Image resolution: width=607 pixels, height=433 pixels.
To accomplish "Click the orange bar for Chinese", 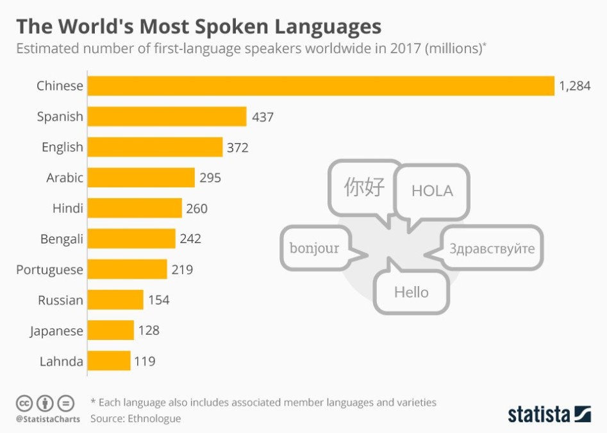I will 320,86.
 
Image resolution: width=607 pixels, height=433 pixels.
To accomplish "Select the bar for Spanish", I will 167,117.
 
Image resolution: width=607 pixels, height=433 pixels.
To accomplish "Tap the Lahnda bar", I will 109,361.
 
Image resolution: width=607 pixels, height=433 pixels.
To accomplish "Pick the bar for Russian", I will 115,300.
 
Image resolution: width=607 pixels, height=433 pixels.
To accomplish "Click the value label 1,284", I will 574,86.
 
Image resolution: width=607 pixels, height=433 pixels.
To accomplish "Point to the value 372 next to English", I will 237,148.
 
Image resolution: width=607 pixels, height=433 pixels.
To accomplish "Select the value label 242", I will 190,239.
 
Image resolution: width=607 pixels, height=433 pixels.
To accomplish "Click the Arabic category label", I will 65,178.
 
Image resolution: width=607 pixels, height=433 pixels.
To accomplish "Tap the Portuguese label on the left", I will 50,269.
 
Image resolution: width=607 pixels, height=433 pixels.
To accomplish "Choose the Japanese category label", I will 56,331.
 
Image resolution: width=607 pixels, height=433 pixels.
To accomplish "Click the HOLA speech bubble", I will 432,191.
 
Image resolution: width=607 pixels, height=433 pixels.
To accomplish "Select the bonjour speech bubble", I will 314,248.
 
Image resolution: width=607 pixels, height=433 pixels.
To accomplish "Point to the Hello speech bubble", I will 412,293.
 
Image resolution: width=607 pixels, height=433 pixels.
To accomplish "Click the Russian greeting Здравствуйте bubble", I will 492,248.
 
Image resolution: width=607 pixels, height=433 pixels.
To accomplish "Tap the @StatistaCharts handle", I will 47,419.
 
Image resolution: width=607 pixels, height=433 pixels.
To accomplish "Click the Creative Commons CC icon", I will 24,403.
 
